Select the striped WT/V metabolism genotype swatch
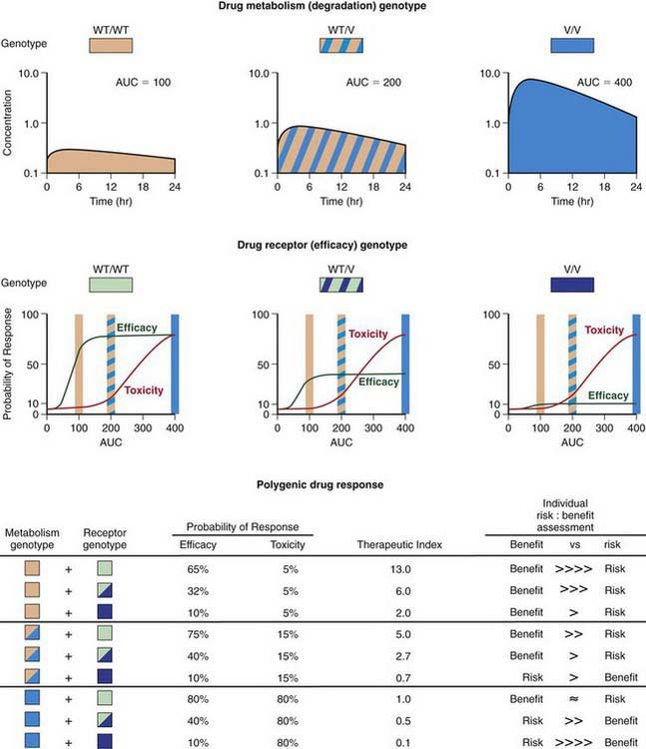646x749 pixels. (x=341, y=45)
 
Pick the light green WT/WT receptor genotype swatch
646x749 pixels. (x=110, y=285)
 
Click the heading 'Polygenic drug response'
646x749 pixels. (x=323, y=484)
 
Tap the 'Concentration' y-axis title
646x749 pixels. (x=10, y=123)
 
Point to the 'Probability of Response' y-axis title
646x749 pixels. (x=10, y=364)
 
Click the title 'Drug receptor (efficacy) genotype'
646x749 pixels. (x=323, y=245)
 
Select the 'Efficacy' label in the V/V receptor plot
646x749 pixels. (x=608, y=396)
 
